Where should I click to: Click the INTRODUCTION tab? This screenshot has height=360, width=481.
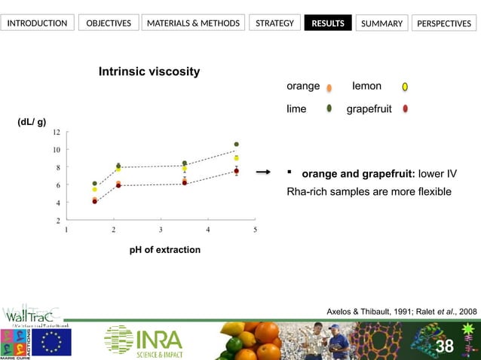37,23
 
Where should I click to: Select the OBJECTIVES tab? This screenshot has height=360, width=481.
109,23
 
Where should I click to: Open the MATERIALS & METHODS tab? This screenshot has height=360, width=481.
193,23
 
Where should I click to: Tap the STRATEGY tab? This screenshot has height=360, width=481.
274,23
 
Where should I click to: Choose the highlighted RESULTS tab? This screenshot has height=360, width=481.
327,23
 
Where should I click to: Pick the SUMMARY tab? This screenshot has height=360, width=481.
381,23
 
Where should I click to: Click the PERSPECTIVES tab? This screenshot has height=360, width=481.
444,23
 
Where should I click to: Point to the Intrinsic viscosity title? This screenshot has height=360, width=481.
149,72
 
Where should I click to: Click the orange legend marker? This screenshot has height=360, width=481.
329,87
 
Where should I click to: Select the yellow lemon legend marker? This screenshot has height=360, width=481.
405,87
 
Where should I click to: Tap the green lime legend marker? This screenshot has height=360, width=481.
329,109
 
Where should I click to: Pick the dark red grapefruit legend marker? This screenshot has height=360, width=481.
406,109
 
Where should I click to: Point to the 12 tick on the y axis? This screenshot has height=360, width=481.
57,132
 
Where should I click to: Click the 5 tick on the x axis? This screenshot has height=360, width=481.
255,230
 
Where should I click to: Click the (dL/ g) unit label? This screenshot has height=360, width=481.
32,121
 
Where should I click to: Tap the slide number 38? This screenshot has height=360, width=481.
445,346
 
